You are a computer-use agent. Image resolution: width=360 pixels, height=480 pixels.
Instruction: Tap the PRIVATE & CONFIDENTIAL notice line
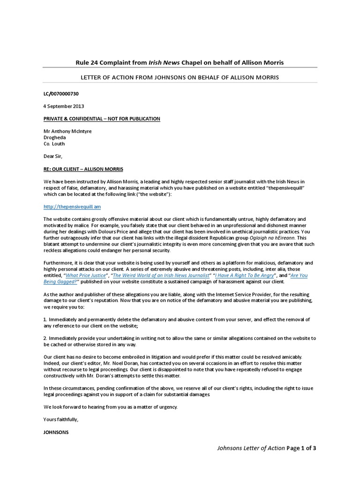101,119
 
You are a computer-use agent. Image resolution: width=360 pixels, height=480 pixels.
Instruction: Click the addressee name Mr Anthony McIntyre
67,131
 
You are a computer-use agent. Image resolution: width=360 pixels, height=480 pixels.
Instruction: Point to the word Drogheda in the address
54,137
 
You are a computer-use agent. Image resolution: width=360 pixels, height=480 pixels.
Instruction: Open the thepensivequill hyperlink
72,206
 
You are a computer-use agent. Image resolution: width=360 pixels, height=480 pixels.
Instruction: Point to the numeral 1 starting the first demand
45,319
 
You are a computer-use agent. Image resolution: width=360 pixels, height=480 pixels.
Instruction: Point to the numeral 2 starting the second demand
45,337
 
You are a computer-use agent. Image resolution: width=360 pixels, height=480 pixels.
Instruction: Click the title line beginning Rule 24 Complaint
180,62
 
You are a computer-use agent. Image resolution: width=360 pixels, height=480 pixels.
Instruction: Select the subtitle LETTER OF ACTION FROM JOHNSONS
180,76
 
